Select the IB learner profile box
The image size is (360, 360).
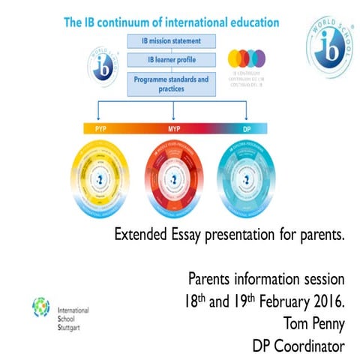(175, 59)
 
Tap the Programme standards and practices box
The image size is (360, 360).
(175, 83)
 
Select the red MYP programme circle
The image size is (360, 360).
(175, 178)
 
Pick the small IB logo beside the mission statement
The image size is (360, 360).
(104, 66)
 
